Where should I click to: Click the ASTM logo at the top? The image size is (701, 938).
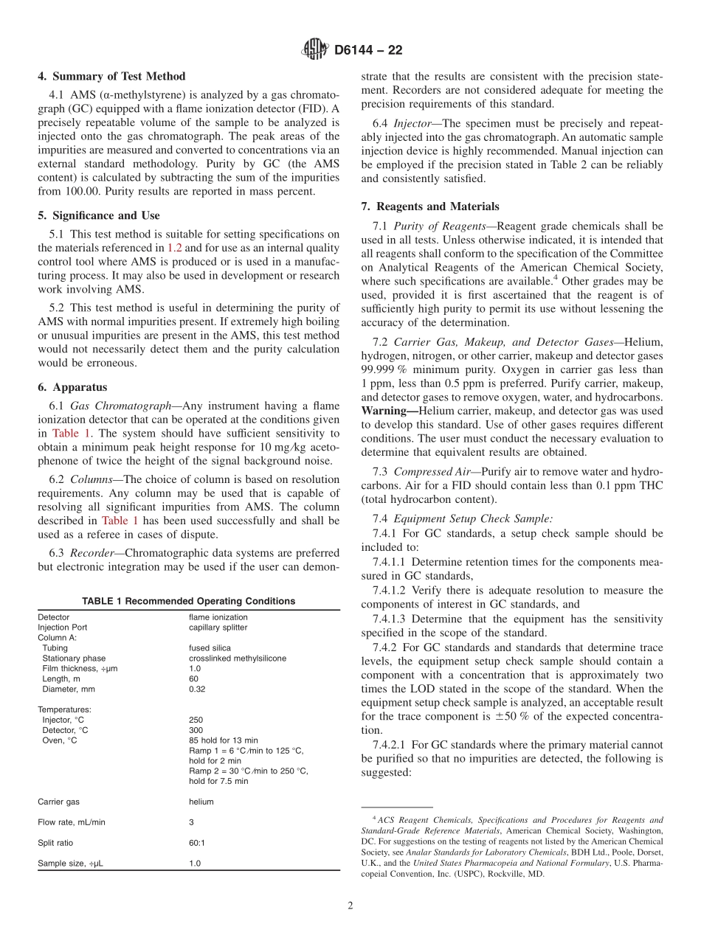[x=314, y=50]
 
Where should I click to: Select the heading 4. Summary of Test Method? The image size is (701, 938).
[x=111, y=77]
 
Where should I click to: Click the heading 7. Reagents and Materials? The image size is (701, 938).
[x=429, y=206]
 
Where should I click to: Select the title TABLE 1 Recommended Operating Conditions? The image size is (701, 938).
[x=188, y=601]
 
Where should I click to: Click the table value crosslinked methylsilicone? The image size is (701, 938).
[x=237, y=659]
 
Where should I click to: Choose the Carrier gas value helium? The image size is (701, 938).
[x=201, y=802]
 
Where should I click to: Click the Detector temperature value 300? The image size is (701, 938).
[x=196, y=730]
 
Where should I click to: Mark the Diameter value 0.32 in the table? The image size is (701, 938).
[x=197, y=689]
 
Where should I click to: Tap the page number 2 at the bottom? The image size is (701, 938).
[x=350, y=907]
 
